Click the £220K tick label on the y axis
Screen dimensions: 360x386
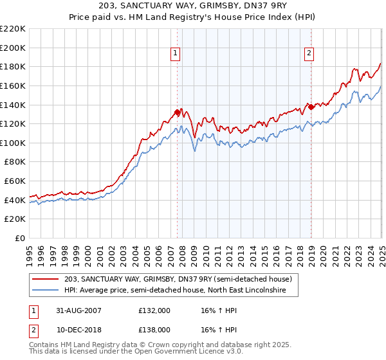[x=13, y=29]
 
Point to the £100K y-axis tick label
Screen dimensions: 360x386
[x=13, y=143]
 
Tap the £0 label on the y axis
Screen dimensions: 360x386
[x=19, y=238]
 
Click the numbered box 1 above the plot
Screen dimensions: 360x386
[x=176, y=53]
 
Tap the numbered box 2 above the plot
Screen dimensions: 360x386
[x=309, y=53]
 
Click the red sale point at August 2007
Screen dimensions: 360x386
[x=177, y=113]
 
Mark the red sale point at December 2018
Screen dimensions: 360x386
[x=311, y=107]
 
